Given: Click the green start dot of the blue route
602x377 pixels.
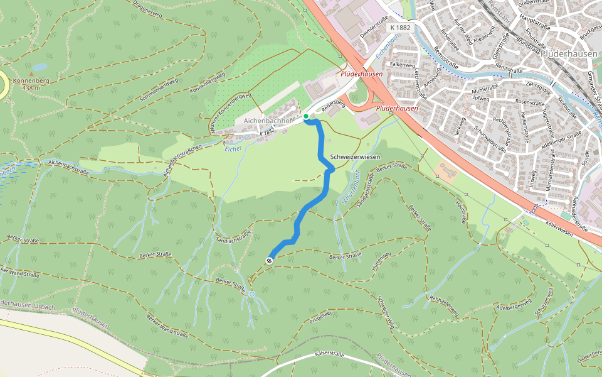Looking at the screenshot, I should pos(306,116).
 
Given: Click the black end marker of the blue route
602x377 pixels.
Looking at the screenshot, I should pos(270,260).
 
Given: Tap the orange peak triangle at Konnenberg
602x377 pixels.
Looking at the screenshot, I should pos(31,74).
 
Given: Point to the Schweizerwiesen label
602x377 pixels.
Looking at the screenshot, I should pos(355,156).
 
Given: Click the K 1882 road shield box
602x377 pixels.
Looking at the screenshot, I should pos(399,28).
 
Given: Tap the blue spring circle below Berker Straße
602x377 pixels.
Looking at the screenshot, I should pos(251,294).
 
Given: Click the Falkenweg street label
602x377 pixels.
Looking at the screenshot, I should pos(402,64).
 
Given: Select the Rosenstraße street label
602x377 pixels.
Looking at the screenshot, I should pos(529,102).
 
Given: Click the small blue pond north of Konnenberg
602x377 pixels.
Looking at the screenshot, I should pos(39,66).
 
